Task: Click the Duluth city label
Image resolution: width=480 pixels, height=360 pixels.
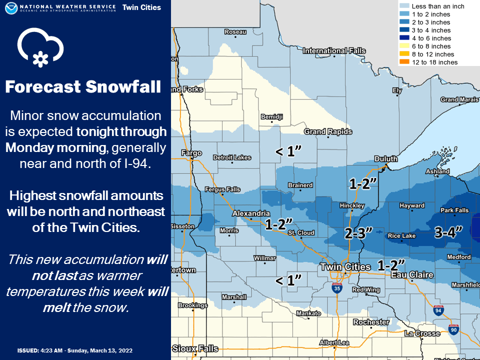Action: point(386,159)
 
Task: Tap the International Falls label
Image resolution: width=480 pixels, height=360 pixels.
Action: point(334,51)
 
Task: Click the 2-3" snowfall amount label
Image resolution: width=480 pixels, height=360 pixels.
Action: point(359,232)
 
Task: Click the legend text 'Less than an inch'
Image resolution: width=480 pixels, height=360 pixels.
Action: point(438,6)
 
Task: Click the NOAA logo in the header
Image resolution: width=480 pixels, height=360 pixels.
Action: point(10,8)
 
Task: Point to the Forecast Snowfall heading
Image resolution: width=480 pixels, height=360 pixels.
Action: point(83,87)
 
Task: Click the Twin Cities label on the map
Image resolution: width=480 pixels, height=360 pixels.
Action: point(345,267)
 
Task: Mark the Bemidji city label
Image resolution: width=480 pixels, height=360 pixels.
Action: point(272,117)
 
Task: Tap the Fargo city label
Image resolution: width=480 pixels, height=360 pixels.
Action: point(192,153)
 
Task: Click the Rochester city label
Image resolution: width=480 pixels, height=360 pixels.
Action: point(370,322)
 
